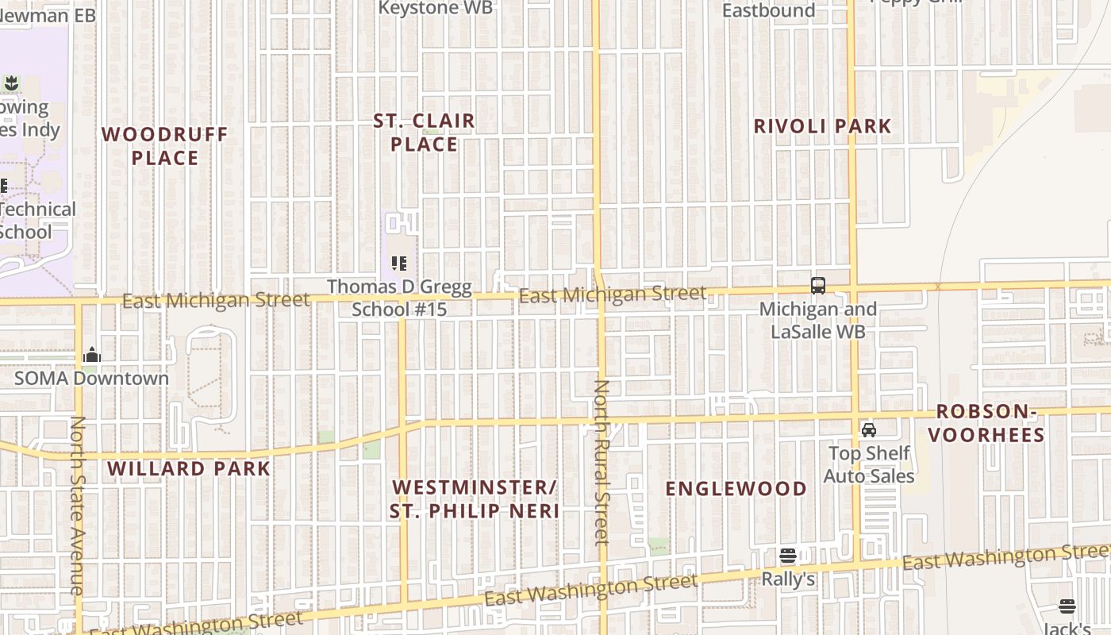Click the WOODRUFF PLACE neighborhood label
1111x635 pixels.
point(165,146)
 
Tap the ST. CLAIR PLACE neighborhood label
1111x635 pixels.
point(425,133)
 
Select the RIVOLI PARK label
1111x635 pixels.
point(822,126)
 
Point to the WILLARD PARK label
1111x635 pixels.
point(189,468)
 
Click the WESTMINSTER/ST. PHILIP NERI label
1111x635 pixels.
point(475,498)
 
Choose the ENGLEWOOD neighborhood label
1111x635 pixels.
point(736,488)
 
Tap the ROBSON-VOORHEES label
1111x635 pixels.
point(986,423)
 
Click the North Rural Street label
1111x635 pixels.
point(602,462)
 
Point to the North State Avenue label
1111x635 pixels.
point(77,506)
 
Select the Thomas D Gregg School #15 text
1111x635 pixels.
point(400,298)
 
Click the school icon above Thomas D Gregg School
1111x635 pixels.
point(399,263)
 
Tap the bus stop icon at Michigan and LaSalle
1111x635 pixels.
point(818,286)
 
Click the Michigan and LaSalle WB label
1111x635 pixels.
point(818,320)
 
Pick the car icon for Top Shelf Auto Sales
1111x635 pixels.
point(869,430)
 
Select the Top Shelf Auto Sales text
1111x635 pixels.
point(869,464)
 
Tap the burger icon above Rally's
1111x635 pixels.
point(788,556)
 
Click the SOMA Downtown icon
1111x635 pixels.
point(92,355)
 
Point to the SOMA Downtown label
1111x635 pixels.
point(92,378)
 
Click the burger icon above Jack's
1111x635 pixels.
point(1067,607)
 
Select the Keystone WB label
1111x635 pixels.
point(436,8)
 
